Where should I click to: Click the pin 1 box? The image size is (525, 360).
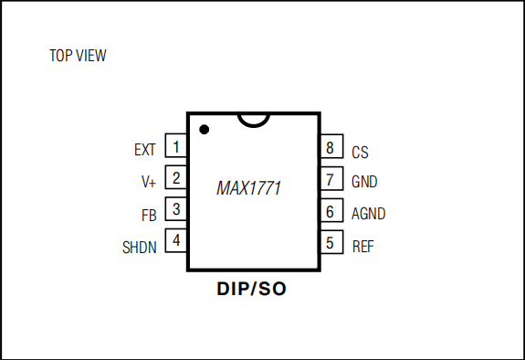(x=176, y=148)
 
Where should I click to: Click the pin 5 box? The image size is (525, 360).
(x=330, y=244)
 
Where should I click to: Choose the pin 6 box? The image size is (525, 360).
(x=330, y=212)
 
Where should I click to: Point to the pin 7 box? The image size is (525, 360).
(x=330, y=180)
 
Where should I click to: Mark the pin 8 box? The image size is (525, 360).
(x=330, y=148)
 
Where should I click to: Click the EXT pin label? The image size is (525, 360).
(x=144, y=150)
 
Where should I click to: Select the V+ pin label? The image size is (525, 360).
(x=149, y=182)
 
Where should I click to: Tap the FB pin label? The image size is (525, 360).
(x=149, y=216)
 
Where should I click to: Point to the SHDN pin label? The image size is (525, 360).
(x=140, y=247)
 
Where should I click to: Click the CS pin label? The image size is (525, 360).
(x=360, y=153)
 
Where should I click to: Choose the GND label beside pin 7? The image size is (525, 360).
(x=364, y=182)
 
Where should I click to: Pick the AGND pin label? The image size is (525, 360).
(x=368, y=214)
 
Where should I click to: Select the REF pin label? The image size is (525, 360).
(x=362, y=247)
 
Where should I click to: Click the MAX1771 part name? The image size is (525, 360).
(x=248, y=189)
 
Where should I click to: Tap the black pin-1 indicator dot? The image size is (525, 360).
(x=205, y=131)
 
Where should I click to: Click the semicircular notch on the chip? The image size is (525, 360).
(x=253, y=120)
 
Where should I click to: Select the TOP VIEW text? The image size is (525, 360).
(x=78, y=57)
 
